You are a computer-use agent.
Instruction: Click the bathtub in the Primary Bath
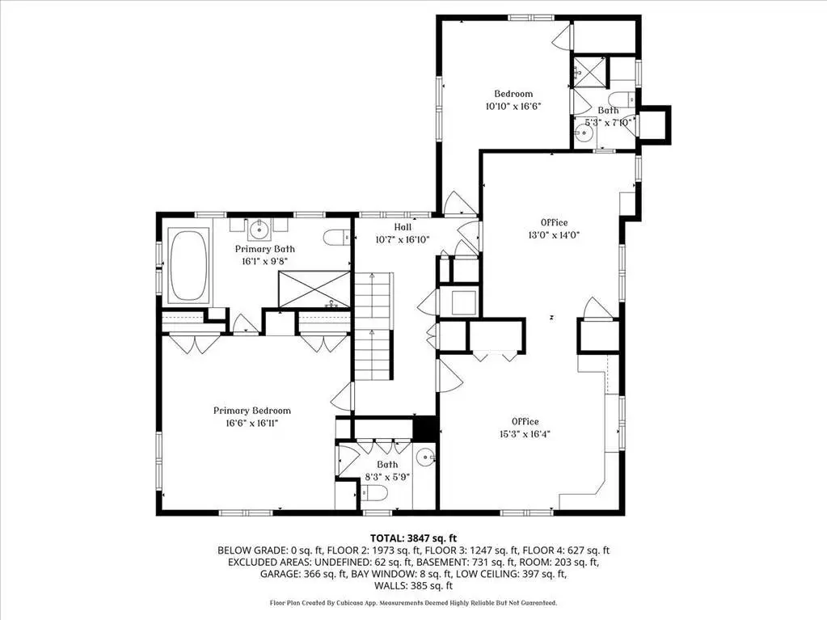pyautogui.click(x=188, y=266)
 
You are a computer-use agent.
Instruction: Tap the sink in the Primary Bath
pyautogui.click(x=259, y=230)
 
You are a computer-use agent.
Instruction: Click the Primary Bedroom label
pyautogui.click(x=252, y=411)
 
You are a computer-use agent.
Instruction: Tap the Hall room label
pyautogui.click(x=403, y=227)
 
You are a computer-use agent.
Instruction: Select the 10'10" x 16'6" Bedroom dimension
pyautogui.click(x=513, y=106)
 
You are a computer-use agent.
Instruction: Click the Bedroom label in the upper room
pyautogui.click(x=513, y=94)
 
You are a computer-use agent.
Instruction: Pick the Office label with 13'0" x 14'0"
pyautogui.click(x=554, y=222)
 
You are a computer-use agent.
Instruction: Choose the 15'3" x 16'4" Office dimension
pyautogui.click(x=525, y=434)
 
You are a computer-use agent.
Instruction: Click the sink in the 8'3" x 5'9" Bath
pyautogui.click(x=425, y=458)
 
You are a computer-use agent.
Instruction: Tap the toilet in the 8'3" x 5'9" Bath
pyautogui.click(x=375, y=493)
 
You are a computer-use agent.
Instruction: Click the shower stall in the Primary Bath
pyautogui.click(x=314, y=289)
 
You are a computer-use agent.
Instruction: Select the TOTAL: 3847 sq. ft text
pyautogui.click(x=413, y=538)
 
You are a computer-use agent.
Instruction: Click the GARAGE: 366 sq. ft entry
pyautogui.click(x=303, y=574)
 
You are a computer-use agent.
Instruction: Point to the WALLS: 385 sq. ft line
pyautogui.click(x=414, y=586)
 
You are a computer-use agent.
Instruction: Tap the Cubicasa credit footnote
pyautogui.click(x=413, y=602)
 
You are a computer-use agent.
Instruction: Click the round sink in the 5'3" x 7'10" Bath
pyautogui.click(x=584, y=134)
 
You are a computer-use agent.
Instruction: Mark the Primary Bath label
pyautogui.click(x=265, y=249)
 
